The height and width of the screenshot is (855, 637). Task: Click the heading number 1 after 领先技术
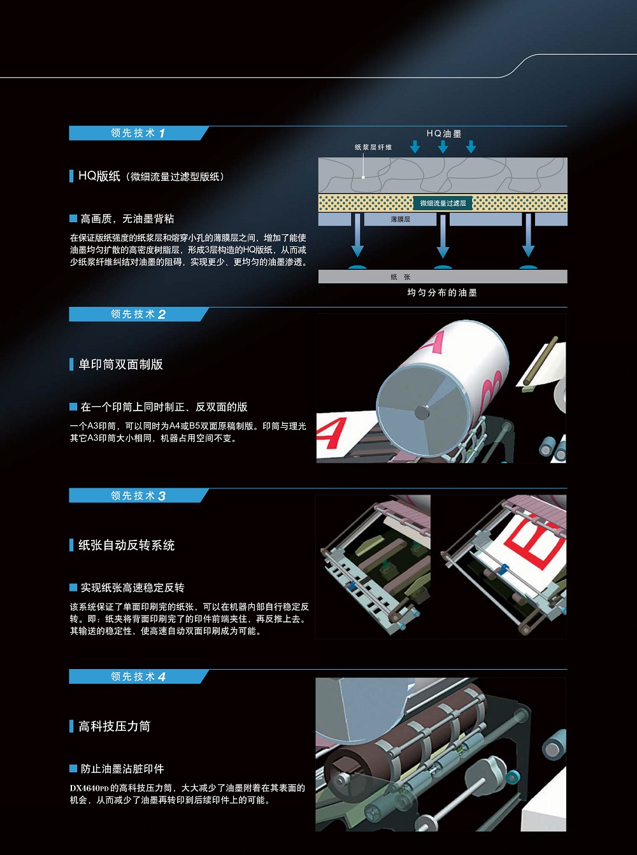coord(162,134)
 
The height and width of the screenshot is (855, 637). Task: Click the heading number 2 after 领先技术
coord(162,314)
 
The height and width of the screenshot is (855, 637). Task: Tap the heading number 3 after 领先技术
coord(162,496)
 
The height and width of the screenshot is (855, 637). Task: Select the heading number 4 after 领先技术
coord(162,677)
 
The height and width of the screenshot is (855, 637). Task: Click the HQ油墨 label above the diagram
coord(444,134)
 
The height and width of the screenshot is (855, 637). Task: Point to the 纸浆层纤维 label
coord(373,147)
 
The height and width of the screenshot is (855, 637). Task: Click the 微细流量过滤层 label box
coord(443,203)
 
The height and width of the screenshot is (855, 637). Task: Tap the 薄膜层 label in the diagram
coord(400,220)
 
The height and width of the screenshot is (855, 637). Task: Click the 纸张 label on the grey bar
coord(400,277)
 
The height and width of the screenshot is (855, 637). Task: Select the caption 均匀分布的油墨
coord(442,293)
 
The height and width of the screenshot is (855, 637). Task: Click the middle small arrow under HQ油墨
coord(443,147)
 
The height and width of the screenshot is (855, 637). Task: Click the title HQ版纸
coord(99,176)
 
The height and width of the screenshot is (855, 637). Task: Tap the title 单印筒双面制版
coord(121,364)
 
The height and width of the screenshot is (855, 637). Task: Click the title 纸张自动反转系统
coord(127,545)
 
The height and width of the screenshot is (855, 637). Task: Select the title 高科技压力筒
coord(115,726)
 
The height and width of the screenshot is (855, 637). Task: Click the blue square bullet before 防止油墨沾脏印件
coord(73,768)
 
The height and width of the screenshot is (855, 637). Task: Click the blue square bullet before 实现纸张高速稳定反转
coord(73,588)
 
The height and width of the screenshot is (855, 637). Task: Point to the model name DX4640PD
coord(89,788)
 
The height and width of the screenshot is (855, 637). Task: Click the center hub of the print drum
coord(422,412)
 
